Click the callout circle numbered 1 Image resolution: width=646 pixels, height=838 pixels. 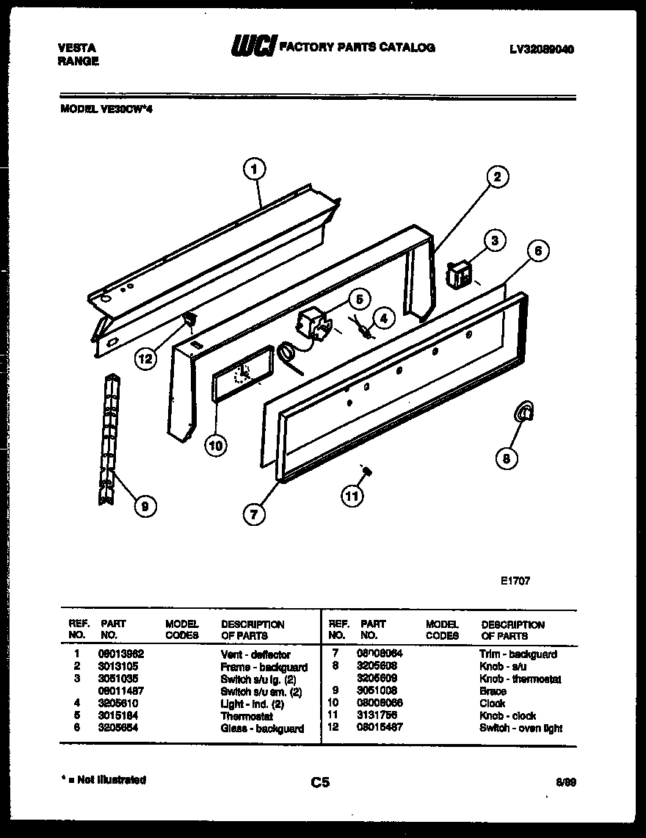253,170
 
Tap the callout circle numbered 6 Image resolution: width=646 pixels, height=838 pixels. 537,250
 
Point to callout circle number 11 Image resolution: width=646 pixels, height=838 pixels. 352,496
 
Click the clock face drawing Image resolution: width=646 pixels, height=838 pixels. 241,375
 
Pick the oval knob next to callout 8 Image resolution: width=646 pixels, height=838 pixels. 523,414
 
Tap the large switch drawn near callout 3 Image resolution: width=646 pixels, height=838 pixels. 460,275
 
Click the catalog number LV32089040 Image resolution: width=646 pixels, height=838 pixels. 541,49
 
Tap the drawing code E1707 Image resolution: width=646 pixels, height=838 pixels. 515,580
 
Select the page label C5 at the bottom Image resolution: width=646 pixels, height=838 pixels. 320,783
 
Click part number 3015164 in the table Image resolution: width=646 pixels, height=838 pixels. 117,715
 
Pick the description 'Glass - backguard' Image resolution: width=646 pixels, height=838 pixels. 262,729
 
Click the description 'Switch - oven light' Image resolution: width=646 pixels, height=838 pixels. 520,728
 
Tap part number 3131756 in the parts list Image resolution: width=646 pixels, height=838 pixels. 377,715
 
